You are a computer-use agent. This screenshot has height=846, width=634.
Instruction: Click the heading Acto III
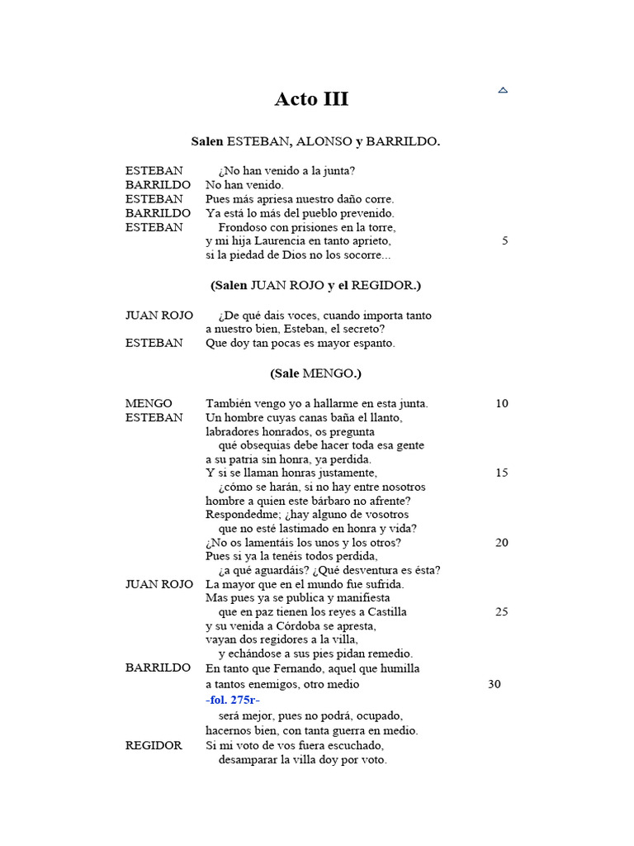311,99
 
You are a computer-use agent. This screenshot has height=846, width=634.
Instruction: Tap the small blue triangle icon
503,89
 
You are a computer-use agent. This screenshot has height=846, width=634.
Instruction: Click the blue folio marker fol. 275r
233,700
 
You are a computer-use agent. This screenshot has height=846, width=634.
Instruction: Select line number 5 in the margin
504,241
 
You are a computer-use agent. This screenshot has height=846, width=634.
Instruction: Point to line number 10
502,404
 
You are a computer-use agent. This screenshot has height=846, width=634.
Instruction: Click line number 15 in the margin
502,473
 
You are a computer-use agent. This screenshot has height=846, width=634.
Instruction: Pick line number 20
502,543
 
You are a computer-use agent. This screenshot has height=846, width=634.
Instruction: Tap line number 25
502,612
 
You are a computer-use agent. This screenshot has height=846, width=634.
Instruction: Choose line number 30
494,684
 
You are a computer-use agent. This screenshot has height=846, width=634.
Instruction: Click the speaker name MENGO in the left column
149,404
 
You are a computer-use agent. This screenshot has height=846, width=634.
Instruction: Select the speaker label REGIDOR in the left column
154,745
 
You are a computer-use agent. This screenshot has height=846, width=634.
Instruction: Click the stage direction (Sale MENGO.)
315,373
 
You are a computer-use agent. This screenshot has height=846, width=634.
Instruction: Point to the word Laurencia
278,241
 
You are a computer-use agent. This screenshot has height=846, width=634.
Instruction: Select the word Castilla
383,612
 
